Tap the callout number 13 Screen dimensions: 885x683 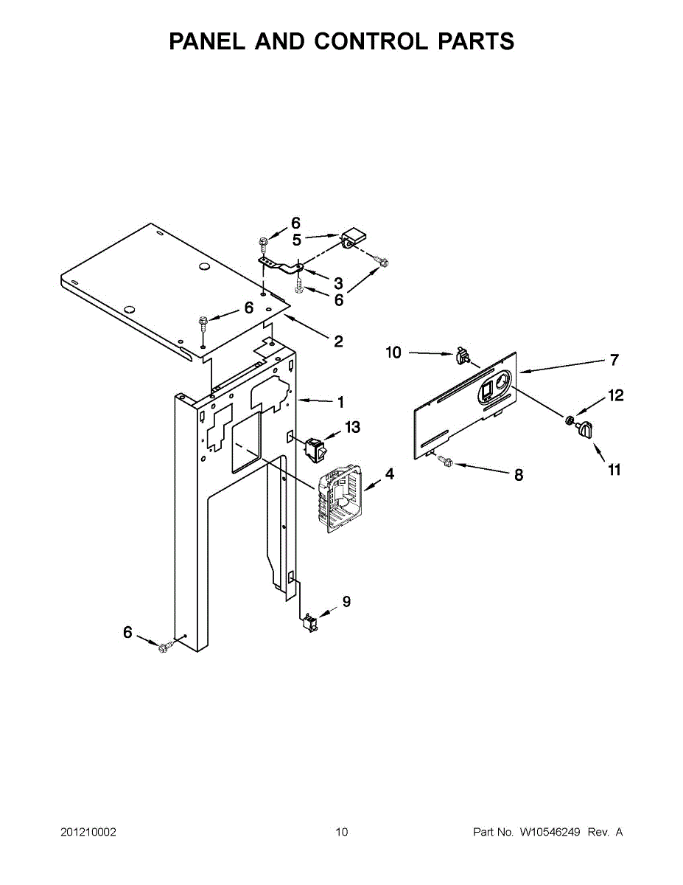(x=353, y=427)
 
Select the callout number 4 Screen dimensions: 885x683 (x=389, y=474)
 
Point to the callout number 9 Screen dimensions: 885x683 (x=346, y=602)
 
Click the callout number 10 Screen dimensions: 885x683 (x=394, y=353)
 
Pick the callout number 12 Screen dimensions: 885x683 (x=616, y=396)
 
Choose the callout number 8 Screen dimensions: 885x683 (x=519, y=476)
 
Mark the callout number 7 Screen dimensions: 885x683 (x=614, y=361)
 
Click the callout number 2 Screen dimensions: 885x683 (x=338, y=341)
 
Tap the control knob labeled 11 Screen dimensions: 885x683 (x=584, y=430)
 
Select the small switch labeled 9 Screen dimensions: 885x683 (x=309, y=624)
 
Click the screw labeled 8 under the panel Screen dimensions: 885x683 (x=444, y=461)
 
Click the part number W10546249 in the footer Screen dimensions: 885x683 (x=550, y=833)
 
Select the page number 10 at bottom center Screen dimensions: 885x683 (x=341, y=833)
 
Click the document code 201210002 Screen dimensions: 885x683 (x=88, y=833)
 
